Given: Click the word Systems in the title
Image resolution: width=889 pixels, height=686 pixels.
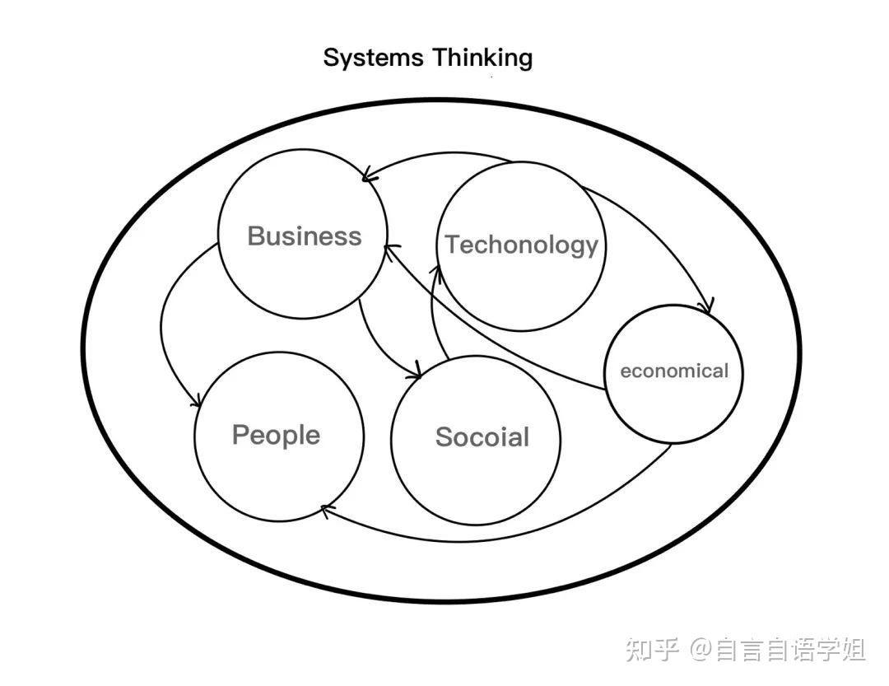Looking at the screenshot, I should pos(375,58).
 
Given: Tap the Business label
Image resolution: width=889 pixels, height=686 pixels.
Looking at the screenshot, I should pos(305,236).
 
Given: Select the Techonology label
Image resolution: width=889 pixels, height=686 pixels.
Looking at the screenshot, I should pos(522,245).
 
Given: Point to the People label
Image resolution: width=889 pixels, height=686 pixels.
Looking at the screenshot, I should pos(276,434).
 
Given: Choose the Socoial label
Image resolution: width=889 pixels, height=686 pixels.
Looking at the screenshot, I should pos(482,436).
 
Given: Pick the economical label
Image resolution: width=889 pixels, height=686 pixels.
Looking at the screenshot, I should pos(674,371).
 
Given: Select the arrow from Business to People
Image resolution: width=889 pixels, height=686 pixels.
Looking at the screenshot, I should pos(165,329).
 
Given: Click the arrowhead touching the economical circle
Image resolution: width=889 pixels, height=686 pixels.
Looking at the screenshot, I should pos(704,307).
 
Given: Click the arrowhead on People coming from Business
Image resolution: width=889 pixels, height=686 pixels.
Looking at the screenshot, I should pos(196,401).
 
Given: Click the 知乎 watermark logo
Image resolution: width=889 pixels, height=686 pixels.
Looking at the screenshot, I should pos(653,650).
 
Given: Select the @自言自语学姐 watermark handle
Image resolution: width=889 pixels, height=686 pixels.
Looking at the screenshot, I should pos(778,650).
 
